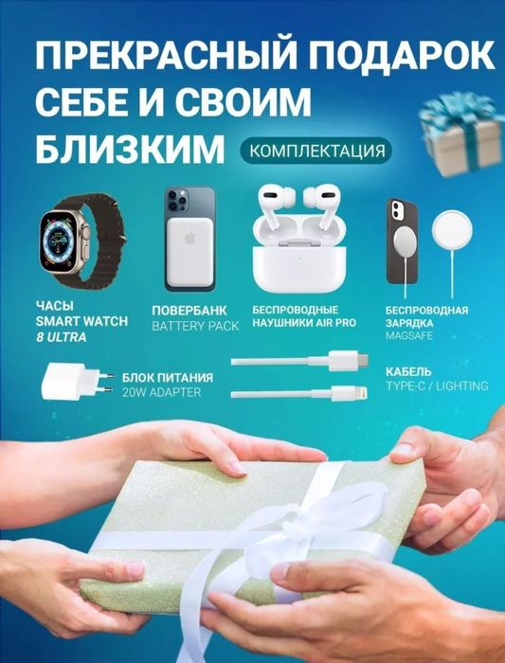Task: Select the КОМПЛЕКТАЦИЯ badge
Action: coord(316,151)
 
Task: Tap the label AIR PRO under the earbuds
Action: coord(339,323)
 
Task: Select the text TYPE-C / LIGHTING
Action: coord(437,385)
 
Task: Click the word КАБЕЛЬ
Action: coord(409,371)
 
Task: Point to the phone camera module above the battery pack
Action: coord(177,200)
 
